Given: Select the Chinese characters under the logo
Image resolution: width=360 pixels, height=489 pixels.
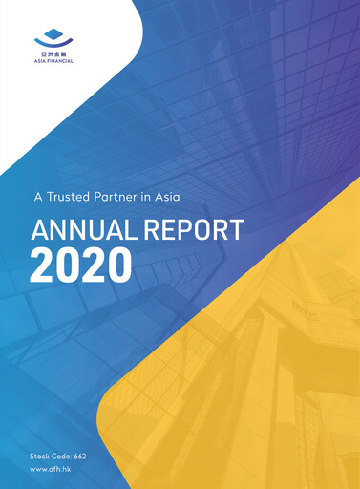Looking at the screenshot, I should click(x=52, y=55).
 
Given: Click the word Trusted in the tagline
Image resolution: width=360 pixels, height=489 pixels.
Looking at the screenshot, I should click(x=74, y=198).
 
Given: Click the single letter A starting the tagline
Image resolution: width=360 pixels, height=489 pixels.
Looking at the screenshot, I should click(x=38, y=198).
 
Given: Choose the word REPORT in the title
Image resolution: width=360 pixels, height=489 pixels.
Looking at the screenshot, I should click(x=197, y=229).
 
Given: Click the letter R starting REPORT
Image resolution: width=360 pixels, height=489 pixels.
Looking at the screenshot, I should click(x=155, y=229).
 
